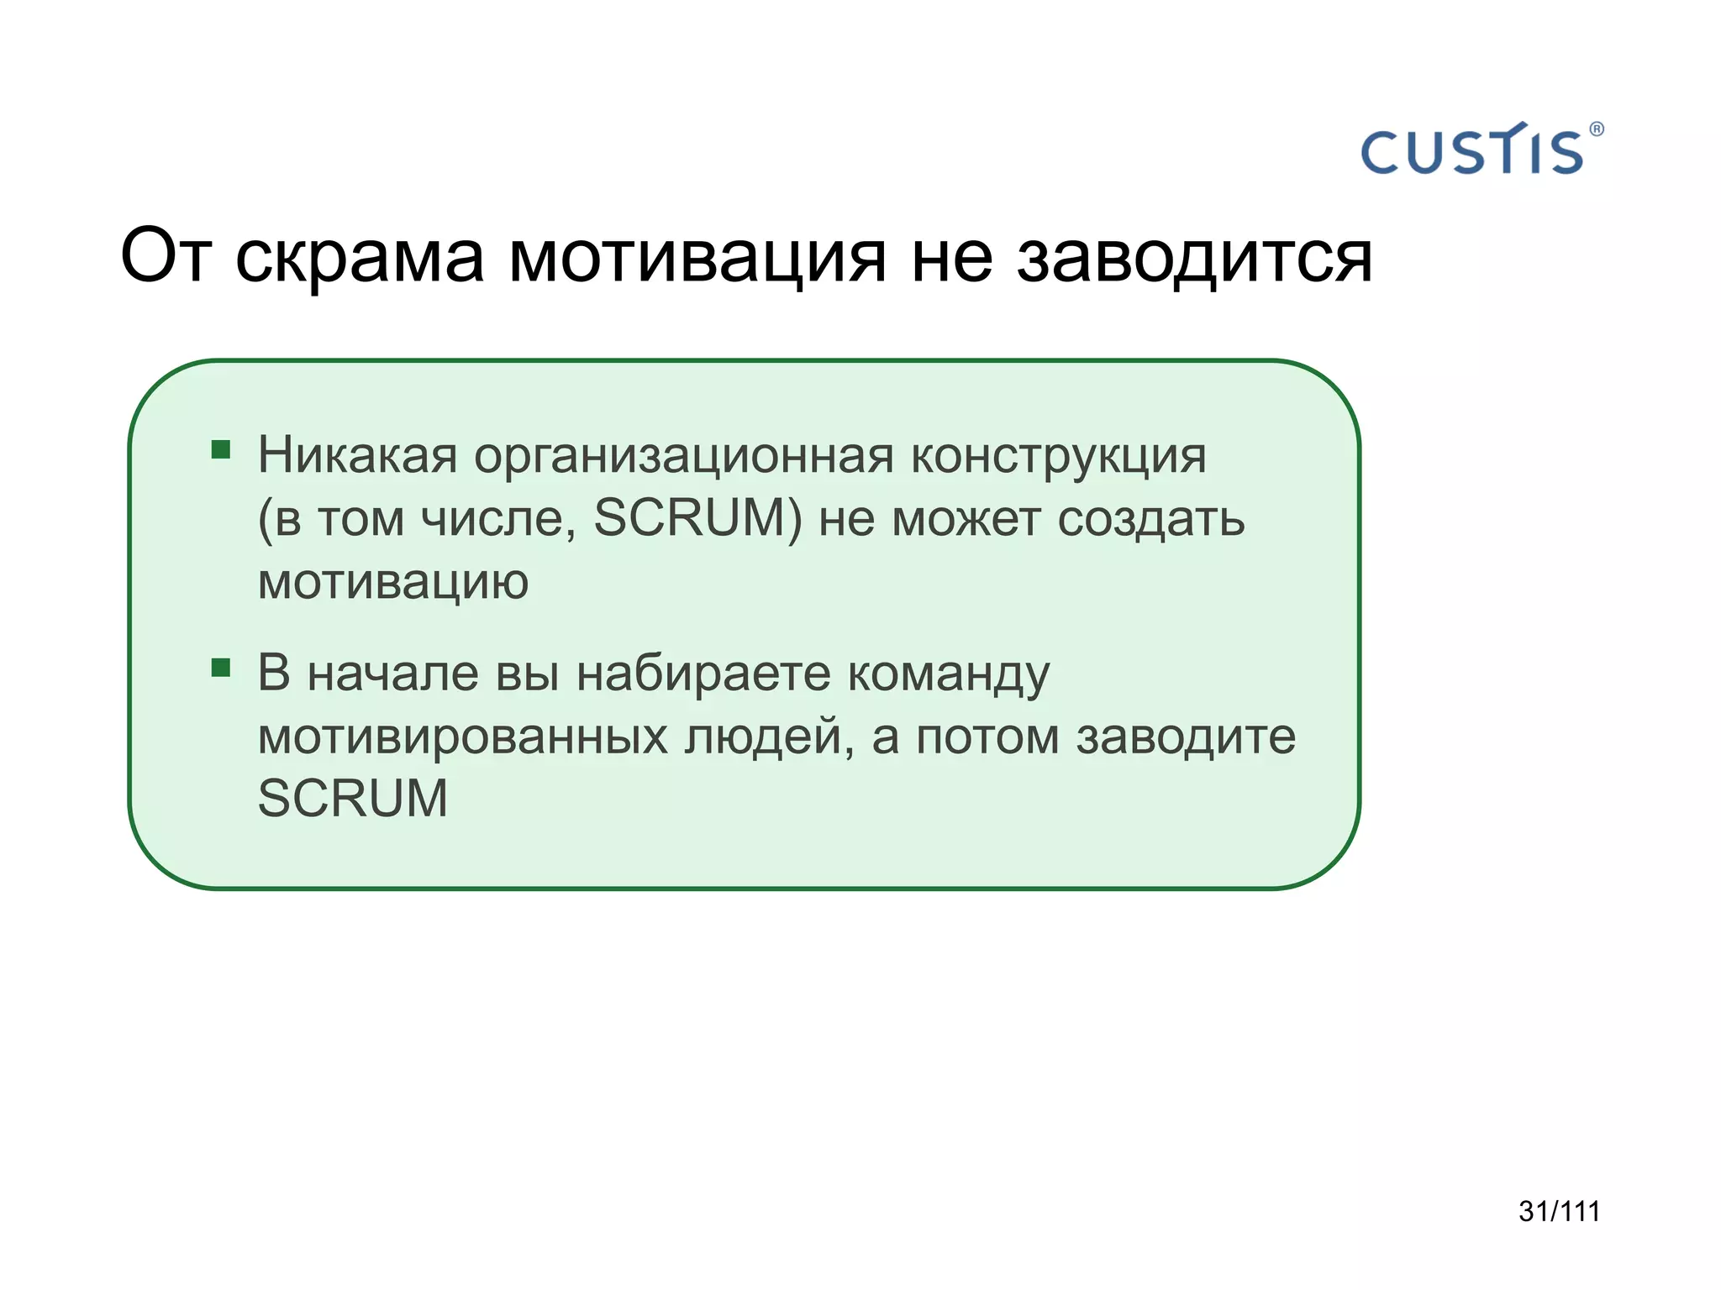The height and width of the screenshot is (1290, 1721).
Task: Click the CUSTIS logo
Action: [x=1471, y=152]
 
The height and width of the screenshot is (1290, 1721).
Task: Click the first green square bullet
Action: [x=221, y=449]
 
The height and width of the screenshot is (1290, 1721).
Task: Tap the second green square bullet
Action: [x=221, y=668]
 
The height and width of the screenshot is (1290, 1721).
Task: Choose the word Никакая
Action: [x=357, y=456]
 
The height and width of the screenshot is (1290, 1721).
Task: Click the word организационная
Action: [x=683, y=456]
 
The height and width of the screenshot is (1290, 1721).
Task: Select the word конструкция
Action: [x=1058, y=456]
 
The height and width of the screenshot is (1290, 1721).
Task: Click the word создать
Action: [x=1150, y=519]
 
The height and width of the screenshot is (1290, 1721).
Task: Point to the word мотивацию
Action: [x=392, y=581]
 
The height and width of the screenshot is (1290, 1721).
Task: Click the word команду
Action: [x=949, y=675]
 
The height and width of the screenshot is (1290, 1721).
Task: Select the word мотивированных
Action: [x=463, y=737]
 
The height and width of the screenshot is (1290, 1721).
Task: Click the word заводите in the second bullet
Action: [x=1186, y=737]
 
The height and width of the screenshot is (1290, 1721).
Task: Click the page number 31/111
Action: [x=1559, y=1211]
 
